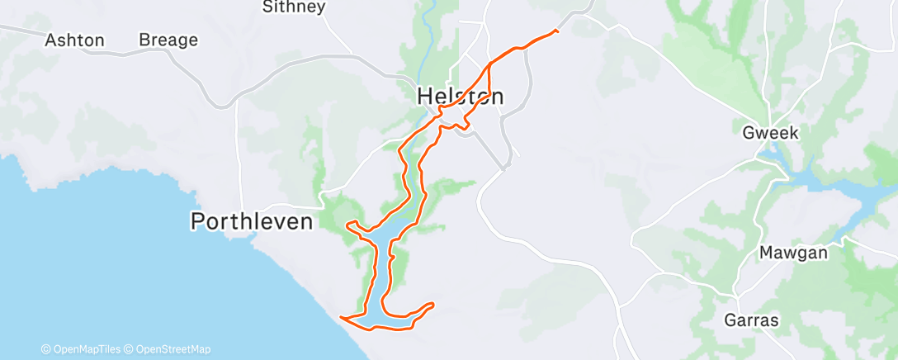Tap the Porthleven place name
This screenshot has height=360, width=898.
click(x=252, y=221)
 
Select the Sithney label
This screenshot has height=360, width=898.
click(x=294, y=7)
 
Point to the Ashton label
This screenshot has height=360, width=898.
click(x=74, y=40)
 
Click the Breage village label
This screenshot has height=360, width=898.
click(x=168, y=40)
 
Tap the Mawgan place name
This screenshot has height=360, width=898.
click(x=793, y=253)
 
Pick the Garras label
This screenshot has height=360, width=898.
click(x=752, y=320)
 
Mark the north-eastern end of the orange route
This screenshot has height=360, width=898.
click(x=556, y=31)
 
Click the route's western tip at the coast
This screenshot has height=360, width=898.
click(x=341, y=315)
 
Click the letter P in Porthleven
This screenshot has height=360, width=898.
click(x=198, y=221)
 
